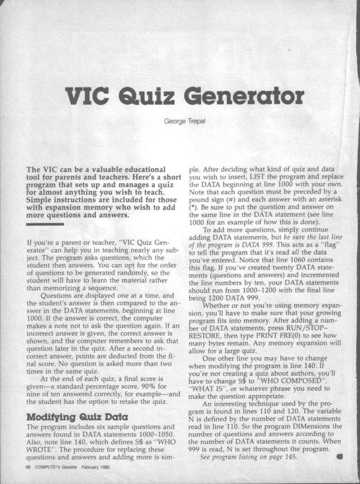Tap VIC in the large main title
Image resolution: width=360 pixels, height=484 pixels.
pyautogui.click(x=88, y=95)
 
